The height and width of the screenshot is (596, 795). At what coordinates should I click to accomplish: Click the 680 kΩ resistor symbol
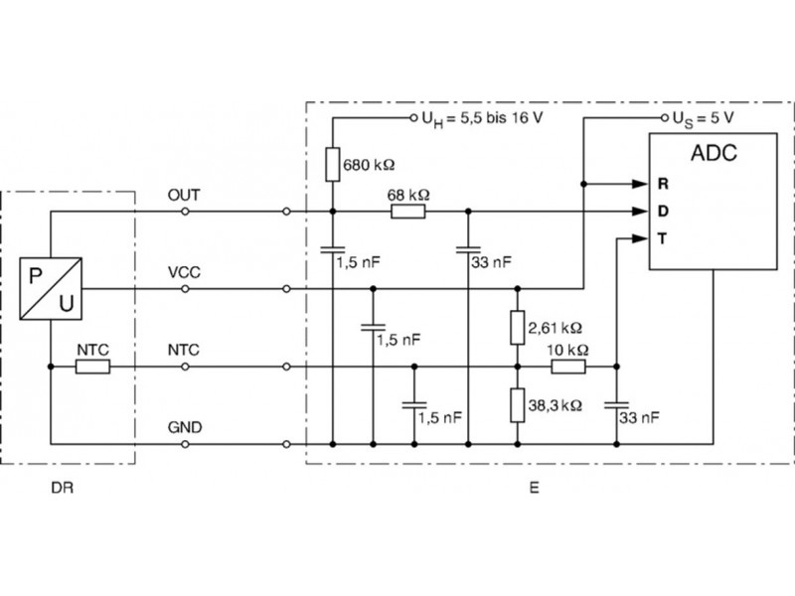click(331, 162)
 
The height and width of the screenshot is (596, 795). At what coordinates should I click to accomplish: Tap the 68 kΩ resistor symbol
click(406, 211)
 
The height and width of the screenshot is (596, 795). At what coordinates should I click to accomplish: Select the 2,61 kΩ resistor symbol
click(517, 327)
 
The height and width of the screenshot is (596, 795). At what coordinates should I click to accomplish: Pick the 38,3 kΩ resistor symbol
click(517, 405)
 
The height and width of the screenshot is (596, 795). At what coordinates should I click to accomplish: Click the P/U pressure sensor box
click(51, 288)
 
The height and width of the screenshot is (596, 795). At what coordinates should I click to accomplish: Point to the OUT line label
click(186, 196)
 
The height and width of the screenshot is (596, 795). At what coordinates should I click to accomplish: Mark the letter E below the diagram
click(535, 489)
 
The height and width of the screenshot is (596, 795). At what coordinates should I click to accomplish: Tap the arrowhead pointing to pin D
click(638, 211)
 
